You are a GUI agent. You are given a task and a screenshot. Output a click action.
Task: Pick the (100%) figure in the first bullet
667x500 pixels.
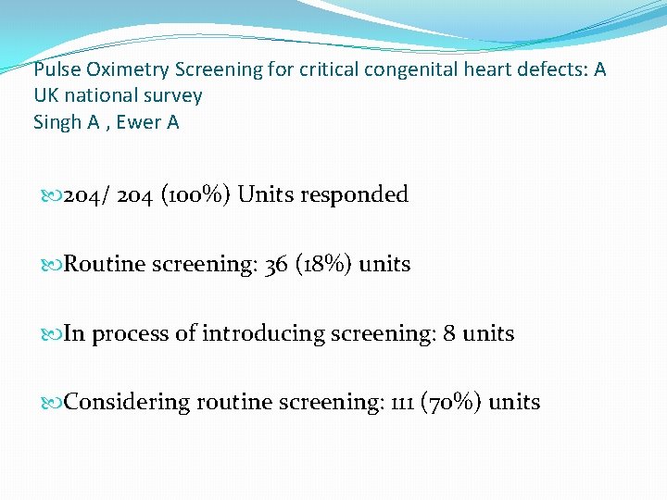coord(197,194)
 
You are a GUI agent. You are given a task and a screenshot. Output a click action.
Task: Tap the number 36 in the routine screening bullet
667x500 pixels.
coord(276,264)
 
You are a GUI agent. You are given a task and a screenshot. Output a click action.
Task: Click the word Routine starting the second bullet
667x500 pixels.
coord(105,264)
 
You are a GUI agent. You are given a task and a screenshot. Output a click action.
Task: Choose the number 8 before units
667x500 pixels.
coord(449,333)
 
